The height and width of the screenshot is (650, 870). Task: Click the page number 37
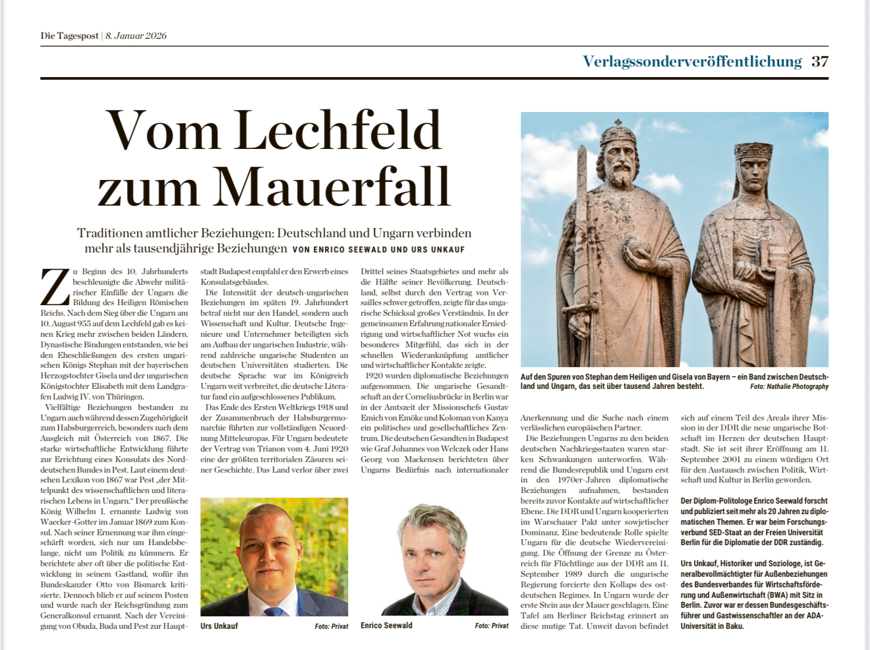point(819,61)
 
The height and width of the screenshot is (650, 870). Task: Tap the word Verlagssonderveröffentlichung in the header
point(692,61)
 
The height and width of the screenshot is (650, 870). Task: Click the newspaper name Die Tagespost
point(69,36)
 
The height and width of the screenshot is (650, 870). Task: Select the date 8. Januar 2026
point(136,36)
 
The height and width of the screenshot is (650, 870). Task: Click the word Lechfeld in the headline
point(337,130)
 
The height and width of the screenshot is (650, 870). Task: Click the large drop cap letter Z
point(55,287)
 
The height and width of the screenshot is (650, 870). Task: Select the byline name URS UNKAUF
point(438,250)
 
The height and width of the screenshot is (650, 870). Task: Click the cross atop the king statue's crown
point(618,123)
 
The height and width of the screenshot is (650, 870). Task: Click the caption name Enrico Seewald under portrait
point(386,626)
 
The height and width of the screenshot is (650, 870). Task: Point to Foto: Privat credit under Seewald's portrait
point(491,626)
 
